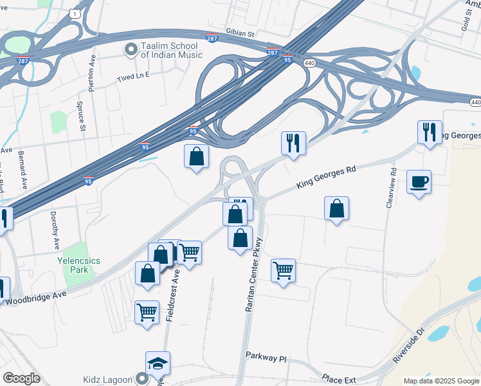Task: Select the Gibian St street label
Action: tap(241, 32)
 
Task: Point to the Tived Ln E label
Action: tap(133, 75)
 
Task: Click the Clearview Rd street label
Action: tap(390, 188)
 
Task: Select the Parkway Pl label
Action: tap(265, 356)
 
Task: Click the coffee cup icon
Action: tap(419, 181)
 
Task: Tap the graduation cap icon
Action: tap(158, 363)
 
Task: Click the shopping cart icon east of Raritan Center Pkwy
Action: tap(283, 271)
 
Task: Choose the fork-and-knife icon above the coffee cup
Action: tap(430, 133)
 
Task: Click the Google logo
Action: tap(21, 378)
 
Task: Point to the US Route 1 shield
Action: tap(77, 14)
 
